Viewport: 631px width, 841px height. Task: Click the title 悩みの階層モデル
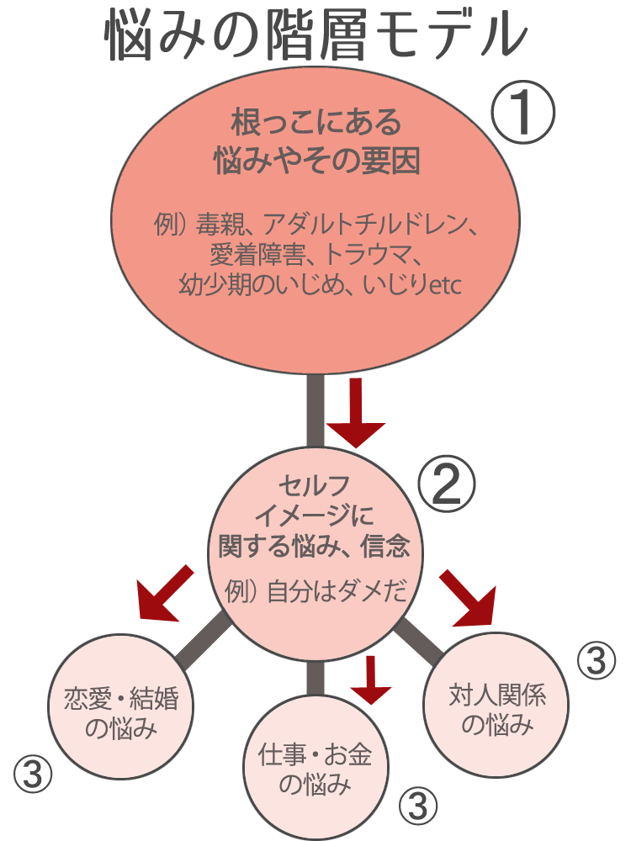coord(315,35)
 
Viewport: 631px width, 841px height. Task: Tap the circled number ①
coord(523,115)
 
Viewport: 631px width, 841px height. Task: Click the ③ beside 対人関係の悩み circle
coord(597,661)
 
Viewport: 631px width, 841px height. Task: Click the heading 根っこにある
coord(315,124)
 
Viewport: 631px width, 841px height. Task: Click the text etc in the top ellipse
coord(441,286)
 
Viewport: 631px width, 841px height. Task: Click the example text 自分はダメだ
coord(337,591)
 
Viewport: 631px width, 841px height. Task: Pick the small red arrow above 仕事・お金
coord(371,679)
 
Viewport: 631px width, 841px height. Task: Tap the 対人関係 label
coord(498,696)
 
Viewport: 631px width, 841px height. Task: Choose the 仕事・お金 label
coord(314,755)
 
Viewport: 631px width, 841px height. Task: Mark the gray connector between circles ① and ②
coord(315,410)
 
